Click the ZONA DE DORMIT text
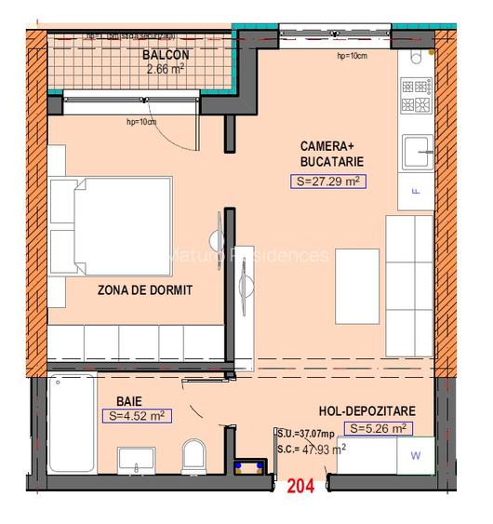coord(144,290)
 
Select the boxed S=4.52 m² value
coord(137,416)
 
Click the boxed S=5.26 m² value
coord(379,428)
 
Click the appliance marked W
coord(415,455)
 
